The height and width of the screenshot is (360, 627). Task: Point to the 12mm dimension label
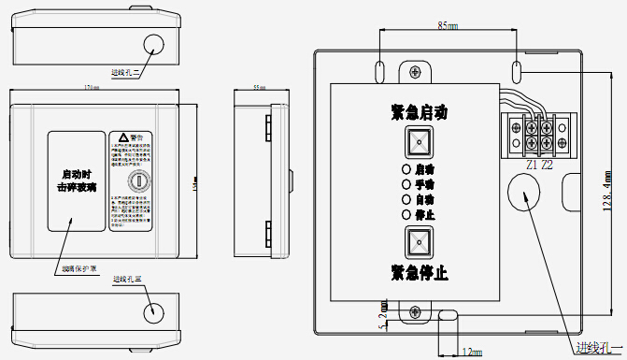point(471,352)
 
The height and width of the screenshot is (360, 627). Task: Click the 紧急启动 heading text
point(420,113)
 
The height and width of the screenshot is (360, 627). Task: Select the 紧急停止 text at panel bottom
point(420,273)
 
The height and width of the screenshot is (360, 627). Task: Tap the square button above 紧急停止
point(419,242)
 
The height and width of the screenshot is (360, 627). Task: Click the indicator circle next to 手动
point(406,184)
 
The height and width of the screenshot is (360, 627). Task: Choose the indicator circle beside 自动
point(406,199)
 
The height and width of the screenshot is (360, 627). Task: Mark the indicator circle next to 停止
point(406,214)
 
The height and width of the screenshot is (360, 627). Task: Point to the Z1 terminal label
point(532,166)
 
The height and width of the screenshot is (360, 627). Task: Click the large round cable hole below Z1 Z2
point(524,195)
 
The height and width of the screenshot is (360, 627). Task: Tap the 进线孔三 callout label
point(126,279)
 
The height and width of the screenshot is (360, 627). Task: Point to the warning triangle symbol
point(121,137)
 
